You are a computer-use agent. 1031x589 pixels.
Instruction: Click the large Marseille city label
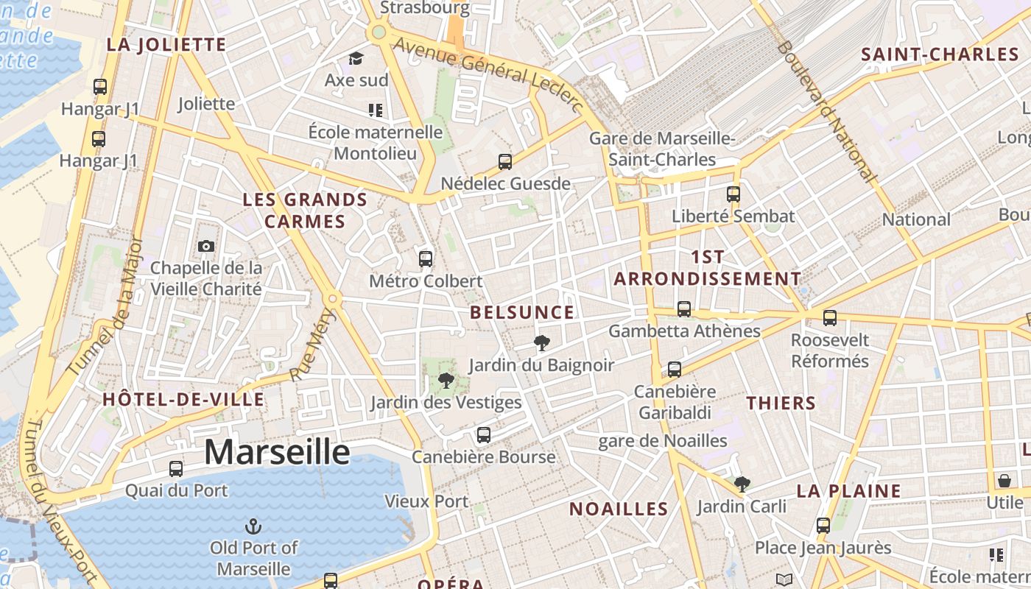click(276, 451)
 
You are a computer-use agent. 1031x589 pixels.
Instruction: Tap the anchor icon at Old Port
click(253, 526)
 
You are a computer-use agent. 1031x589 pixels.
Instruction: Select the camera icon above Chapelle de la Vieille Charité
click(206, 247)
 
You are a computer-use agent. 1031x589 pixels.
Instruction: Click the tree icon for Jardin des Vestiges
click(446, 381)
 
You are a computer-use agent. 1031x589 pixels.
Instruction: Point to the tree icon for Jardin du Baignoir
click(542, 342)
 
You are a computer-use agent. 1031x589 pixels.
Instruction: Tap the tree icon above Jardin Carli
click(742, 484)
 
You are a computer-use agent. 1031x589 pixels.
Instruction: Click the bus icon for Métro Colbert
click(426, 258)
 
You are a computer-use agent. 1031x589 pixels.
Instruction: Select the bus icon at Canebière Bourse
click(484, 435)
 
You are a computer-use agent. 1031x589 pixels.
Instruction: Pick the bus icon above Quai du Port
click(176, 468)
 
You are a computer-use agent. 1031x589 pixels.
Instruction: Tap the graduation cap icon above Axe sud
click(356, 58)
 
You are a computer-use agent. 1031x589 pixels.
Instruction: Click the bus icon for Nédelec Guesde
click(505, 162)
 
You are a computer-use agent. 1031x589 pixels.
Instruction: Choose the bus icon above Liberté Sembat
click(733, 194)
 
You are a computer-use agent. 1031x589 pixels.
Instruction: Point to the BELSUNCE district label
click(522, 312)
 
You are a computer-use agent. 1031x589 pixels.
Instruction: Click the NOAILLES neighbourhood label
click(619, 509)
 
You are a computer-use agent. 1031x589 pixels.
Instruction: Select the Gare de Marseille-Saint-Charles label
click(662, 149)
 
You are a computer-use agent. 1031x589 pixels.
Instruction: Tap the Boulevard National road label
click(827, 110)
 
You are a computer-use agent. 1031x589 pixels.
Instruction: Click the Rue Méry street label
click(312, 345)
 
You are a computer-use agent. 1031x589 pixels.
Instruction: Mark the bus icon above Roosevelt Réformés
click(830, 318)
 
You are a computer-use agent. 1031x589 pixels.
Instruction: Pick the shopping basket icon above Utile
click(1004, 482)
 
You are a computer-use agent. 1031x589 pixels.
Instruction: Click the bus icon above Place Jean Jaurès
click(823, 526)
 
